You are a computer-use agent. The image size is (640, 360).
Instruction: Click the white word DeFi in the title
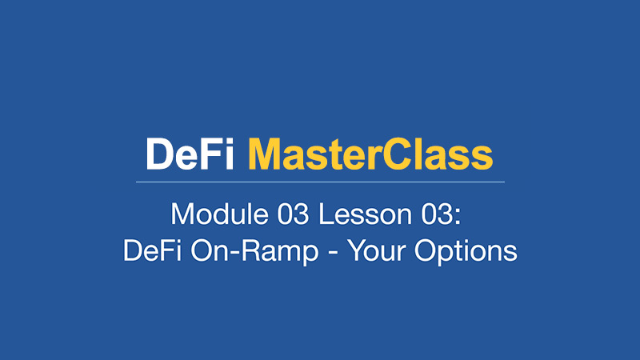point(190,154)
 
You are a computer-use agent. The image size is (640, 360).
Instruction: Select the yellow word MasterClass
point(370,154)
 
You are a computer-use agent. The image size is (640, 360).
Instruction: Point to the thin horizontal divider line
point(321,182)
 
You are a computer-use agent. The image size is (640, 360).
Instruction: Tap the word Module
point(219,214)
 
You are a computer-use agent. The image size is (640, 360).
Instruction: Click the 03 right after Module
point(293,214)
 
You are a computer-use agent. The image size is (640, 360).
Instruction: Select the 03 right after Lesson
point(437,214)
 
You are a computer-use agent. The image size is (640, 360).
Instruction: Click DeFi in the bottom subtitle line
point(152,250)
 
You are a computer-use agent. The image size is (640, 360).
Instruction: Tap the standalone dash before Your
point(333,253)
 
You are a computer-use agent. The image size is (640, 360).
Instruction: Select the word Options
point(466,252)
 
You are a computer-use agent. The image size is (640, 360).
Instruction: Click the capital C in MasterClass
point(398,154)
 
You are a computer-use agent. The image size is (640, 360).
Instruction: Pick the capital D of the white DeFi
point(159,154)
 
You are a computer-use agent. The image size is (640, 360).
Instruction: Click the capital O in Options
point(426,250)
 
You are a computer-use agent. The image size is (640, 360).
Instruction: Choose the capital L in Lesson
point(326,214)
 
